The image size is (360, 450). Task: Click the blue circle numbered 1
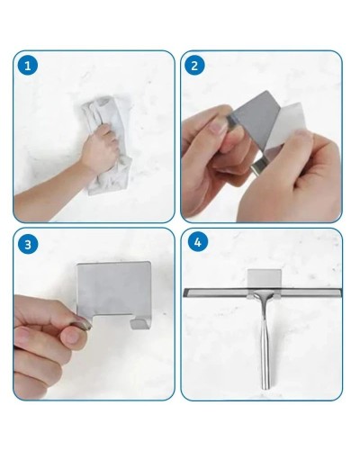tap(28, 66)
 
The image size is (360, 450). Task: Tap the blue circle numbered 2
tap(194, 66)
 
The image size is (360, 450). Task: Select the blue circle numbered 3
tap(28, 244)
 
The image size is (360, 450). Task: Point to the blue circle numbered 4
tap(197, 242)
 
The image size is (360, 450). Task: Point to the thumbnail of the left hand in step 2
tap(218, 127)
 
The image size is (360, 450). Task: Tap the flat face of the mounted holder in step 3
tap(114, 288)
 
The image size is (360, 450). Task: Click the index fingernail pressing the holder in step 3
tap(81, 325)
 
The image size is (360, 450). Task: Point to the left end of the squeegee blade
tap(184, 292)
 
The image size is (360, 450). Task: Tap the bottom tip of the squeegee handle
tap(265, 388)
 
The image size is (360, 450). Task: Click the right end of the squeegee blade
tap(340, 292)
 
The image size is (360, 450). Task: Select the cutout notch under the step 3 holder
tap(112, 321)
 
